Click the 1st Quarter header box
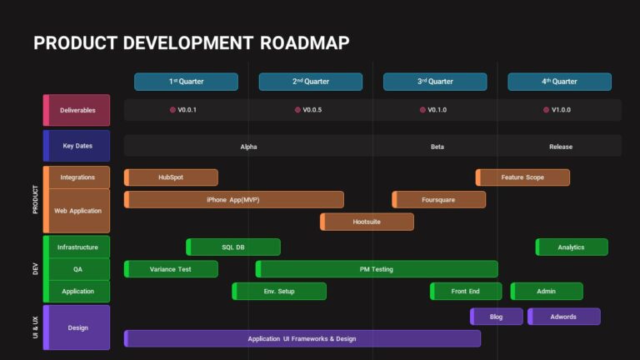(186, 82)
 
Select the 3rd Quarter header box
(435, 82)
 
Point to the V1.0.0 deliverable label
(561, 110)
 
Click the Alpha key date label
(248, 147)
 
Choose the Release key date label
(561, 147)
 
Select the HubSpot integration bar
(171, 177)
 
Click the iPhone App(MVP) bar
(234, 200)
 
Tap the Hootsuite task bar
(367, 222)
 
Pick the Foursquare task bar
(438, 200)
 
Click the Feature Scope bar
(522, 177)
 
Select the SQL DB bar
(233, 247)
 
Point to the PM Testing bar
(377, 269)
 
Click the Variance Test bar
(171, 269)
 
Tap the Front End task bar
(466, 292)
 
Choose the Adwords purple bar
(563, 317)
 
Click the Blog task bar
(497, 317)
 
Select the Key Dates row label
(77, 146)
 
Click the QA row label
(77, 269)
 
